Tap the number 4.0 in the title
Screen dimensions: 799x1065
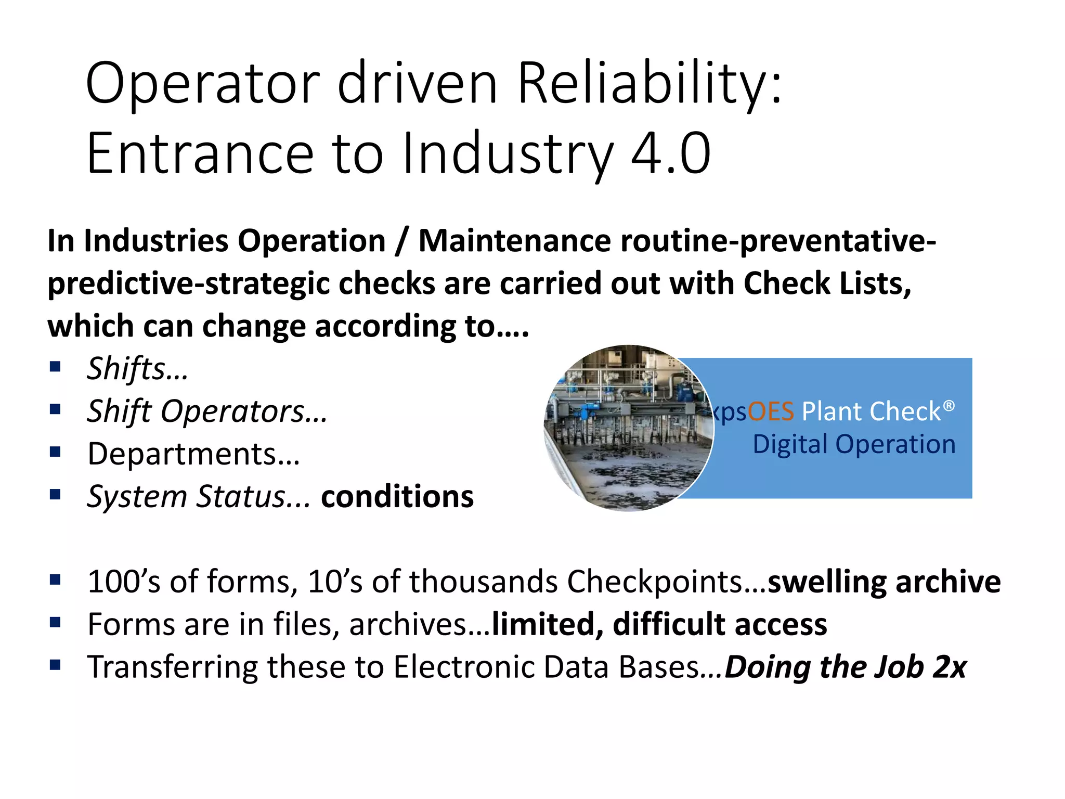(670, 153)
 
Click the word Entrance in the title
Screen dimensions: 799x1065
(200, 153)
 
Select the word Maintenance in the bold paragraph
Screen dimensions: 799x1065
(514, 241)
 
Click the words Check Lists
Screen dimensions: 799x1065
(827, 283)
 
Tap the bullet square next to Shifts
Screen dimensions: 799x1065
(55, 367)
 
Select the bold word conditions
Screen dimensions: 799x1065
(397, 497)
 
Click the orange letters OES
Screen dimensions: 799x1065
(771, 411)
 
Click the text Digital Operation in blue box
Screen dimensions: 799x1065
(854, 445)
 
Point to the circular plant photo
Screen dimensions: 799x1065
(628, 428)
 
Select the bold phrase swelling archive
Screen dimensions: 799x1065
(884, 582)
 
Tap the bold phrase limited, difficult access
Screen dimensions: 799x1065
(659, 624)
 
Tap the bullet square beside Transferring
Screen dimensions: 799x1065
(55, 665)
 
